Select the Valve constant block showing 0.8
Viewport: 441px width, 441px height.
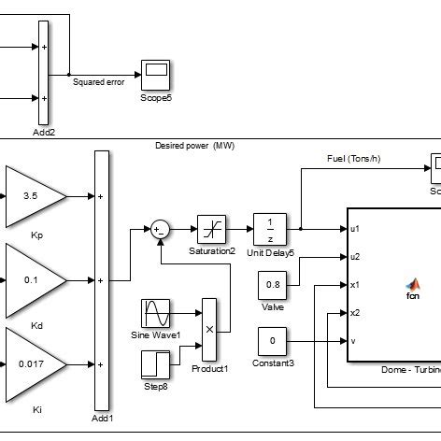tap(272, 285)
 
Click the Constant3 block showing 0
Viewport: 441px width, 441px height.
tap(272, 341)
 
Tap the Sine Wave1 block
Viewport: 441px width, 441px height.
tap(156, 313)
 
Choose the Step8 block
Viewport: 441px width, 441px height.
tap(156, 363)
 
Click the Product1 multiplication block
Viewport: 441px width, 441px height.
tap(209, 330)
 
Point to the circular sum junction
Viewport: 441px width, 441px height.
tap(161, 228)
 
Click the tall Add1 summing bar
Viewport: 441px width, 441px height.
tap(102, 280)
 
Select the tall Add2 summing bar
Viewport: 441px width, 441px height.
tap(43, 71)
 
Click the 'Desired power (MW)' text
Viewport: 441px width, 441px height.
tap(196, 146)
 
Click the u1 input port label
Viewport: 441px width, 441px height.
tap(355, 228)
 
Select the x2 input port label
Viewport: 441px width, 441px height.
tap(355, 312)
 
